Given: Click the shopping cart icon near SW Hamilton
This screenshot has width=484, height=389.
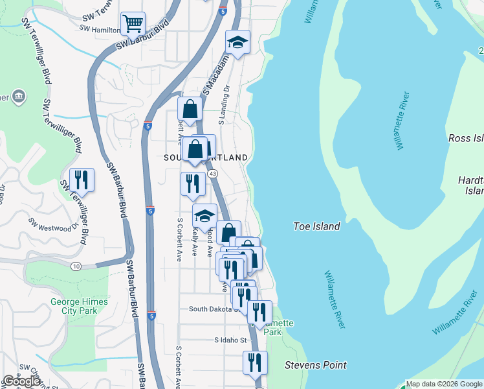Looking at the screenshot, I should tap(133, 24).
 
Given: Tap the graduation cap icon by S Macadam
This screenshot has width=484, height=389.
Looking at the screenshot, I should tap(237, 43).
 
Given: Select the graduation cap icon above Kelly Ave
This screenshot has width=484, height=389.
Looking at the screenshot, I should tap(204, 217).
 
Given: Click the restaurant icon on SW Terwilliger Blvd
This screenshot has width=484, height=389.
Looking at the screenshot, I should tap(82, 179).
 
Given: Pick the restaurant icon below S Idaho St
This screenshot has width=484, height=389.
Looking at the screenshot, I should tap(255, 362).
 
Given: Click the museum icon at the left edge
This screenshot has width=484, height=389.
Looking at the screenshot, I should tap(18, 97).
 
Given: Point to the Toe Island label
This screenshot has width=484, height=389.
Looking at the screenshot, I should tap(316, 226).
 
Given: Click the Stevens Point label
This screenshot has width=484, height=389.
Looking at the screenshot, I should tap(316, 365).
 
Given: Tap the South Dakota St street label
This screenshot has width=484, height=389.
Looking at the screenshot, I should tap(214, 309).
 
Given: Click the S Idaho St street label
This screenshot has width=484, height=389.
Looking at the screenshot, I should tap(231, 340).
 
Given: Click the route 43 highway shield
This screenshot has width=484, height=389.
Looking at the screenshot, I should tap(212, 174).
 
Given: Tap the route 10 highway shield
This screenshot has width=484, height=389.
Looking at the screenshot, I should tap(76, 266).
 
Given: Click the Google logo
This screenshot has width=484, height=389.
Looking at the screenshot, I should tap(22, 381).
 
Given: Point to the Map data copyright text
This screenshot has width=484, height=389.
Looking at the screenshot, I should tap(444, 384).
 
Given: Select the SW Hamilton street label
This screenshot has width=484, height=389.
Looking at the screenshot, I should tap(100, 29).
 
